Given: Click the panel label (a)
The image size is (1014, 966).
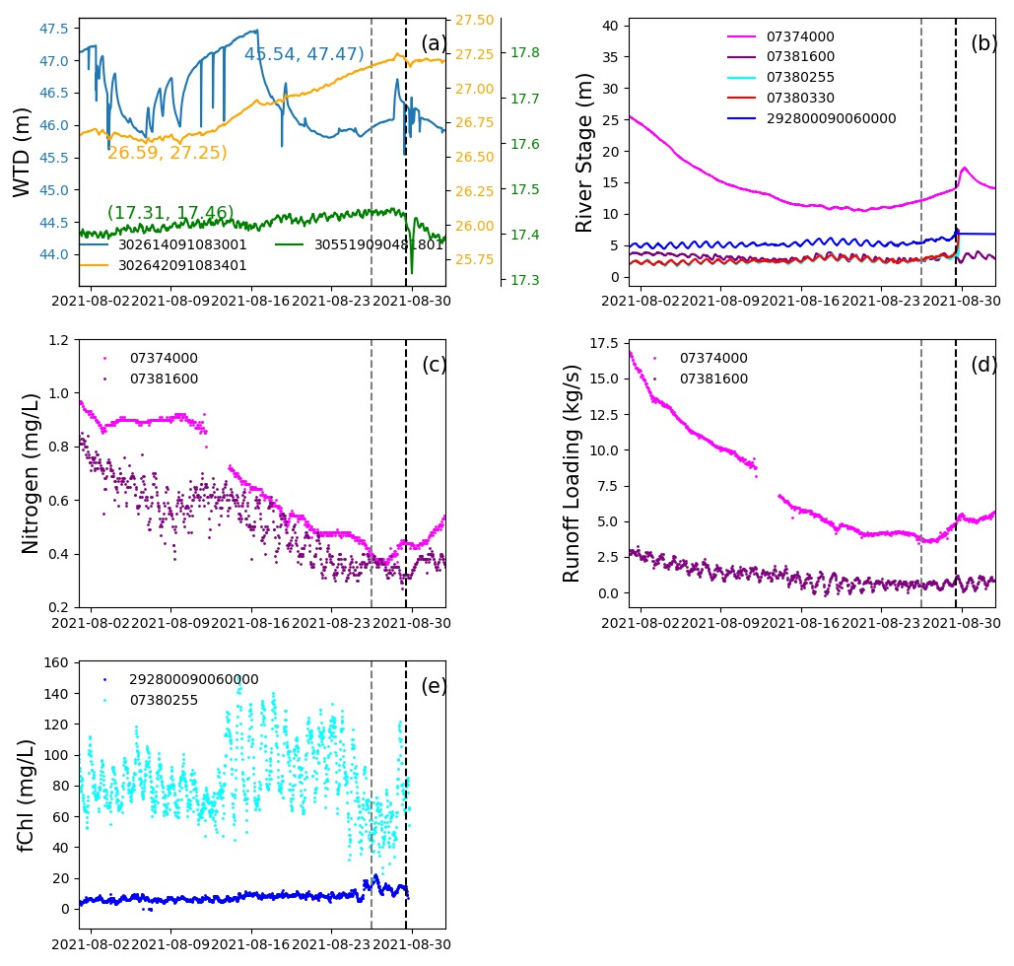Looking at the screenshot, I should (434, 44).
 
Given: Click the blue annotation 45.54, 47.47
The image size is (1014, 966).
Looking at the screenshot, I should (304, 54).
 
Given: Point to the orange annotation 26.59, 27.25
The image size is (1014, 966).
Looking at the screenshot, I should (167, 153).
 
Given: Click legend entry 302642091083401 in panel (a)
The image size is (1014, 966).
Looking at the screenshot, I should (182, 265).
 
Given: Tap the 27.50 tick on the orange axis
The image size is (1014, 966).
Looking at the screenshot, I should (475, 20).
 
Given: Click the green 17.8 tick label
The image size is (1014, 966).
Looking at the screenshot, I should (528, 52).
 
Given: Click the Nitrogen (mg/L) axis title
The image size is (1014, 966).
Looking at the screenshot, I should (31, 472).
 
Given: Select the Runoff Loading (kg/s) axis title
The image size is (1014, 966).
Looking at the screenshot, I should (573, 473).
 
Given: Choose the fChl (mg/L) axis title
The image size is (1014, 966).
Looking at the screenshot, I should (31, 795).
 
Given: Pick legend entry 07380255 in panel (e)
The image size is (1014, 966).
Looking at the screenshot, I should (164, 700).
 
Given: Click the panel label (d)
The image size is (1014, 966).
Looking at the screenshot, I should (983, 365).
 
